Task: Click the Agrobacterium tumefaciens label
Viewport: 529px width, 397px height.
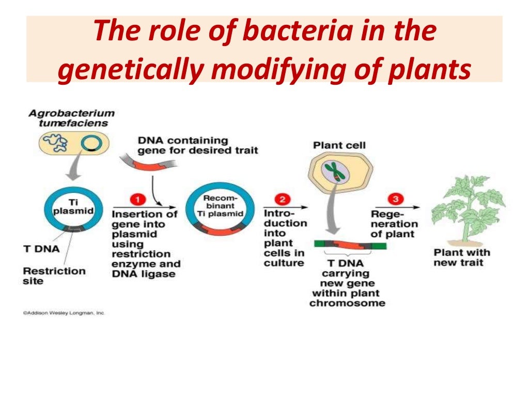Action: [x=71, y=118]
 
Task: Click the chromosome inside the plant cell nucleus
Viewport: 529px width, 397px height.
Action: [x=335, y=173]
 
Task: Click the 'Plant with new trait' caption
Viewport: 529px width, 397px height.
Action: [x=461, y=257]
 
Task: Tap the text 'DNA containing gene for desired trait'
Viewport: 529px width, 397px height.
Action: [x=197, y=145]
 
